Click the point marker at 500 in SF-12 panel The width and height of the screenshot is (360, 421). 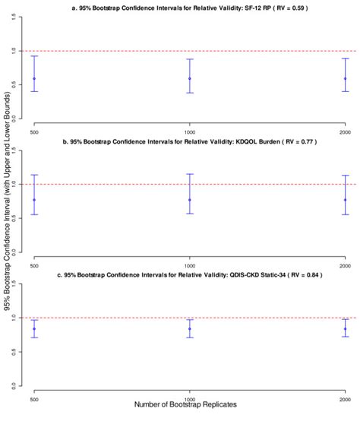[x=34, y=78]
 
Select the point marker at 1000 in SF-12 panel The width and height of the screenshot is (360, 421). [x=189, y=78]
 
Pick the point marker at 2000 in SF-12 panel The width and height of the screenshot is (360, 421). [x=345, y=78]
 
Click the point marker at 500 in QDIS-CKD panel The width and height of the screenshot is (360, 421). [x=34, y=329]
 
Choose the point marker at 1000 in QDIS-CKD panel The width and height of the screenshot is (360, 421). [x=189, y=329]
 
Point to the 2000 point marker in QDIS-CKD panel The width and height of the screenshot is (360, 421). [x=345, y=329]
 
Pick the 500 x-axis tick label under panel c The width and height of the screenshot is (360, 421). [x=34, y=399]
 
